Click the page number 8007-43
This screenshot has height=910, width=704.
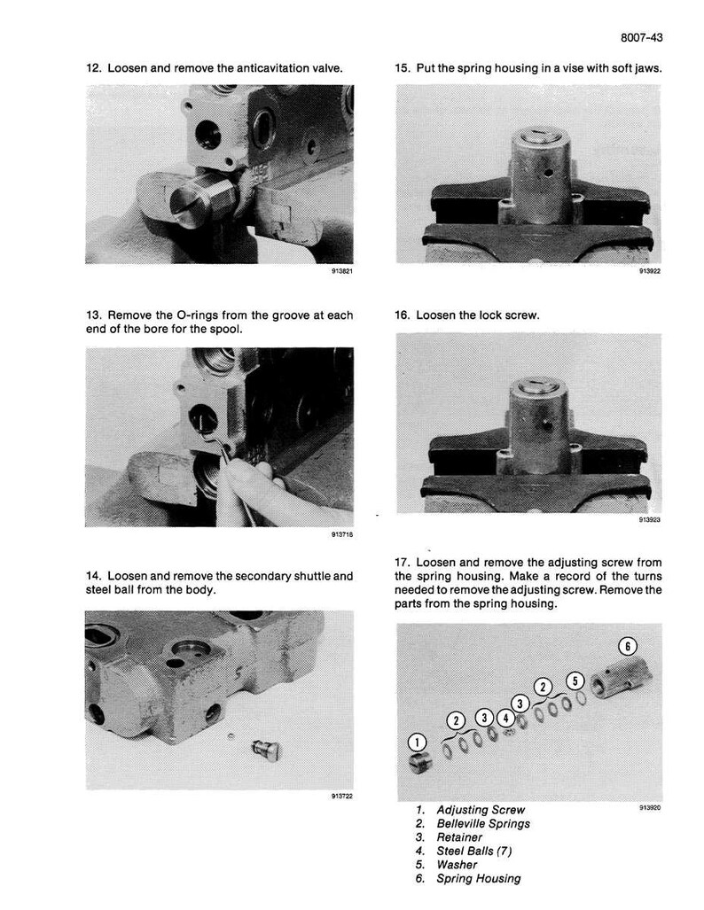click(x=641, y=38)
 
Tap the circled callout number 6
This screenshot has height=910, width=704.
click(x=628, y=646)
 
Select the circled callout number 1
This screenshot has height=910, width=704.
click(x=417, y=743)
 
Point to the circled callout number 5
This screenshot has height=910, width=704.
click(x=575, y=681)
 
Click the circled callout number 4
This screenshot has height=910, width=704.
click(x=506, y=719)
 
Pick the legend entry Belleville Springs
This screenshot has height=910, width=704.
click(x=482, y=823)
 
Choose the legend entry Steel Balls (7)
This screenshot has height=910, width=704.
click(x=474, y=851)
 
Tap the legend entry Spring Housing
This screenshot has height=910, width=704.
click(x=479, y=879)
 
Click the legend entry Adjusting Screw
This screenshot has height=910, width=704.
click(x=481, y=810)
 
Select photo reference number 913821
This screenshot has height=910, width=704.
click(x=343, y=271)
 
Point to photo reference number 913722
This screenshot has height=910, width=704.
click(x=343, y=797)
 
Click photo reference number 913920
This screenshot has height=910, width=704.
click(x=650, y=807)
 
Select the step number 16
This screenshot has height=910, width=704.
click(x=402, y=315)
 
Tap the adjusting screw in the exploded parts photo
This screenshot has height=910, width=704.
click(x=420, y=763)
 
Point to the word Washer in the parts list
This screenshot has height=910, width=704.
click(x=458, y=865)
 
